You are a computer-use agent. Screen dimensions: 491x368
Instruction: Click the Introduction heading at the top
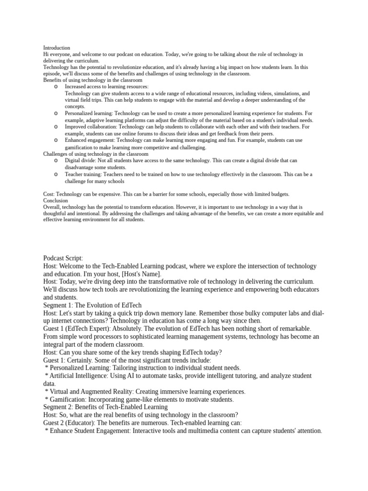(x=57, y=48)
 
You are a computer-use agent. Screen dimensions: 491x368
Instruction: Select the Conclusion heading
(x=55, y=200)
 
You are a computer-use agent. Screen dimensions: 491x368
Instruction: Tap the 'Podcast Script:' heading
(x=63, y=258)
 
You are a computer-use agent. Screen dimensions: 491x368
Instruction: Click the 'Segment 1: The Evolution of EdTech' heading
(x=92, y=305)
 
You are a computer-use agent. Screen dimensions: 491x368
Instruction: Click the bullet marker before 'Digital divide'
(x=56, y=161)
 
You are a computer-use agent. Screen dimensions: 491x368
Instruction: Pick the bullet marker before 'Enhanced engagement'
(x=56, y=140)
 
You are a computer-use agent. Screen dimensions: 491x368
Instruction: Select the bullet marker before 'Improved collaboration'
(x=56, y=127)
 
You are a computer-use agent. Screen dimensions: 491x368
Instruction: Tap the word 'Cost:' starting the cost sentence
(x=49, y=194)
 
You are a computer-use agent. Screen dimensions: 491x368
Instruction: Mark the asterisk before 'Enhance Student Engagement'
(x=46, y=432)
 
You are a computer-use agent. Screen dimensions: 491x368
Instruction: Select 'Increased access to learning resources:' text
(x=107, y=87)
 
